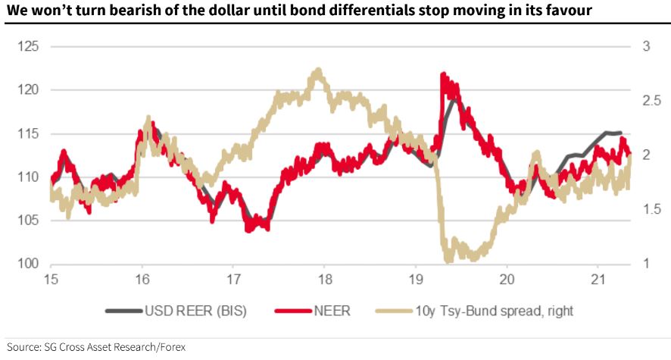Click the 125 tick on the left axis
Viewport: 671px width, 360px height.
(x=28, y=46)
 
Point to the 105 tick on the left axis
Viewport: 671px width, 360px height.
(x=28, y=220)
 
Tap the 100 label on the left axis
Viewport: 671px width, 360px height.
(x=28, y=263)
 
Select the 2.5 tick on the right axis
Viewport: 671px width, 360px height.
(x=651, y=101)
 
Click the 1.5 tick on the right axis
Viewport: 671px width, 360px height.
(x=651, y=209)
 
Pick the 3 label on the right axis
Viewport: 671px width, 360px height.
(x=646, y=46)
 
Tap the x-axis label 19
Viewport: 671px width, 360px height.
(x=416, y=279)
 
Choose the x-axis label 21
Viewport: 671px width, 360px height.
(x=598, y=279)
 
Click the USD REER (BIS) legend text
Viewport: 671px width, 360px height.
(x=195, y=310)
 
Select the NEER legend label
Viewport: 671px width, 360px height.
(x=332, y=310)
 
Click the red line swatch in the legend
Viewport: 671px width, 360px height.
(x=293, y=311)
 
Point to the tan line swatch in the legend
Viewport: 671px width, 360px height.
(x=395, y=311)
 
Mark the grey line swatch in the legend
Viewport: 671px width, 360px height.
(x=123, y=311)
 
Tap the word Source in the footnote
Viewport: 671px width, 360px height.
(x=23, y=346)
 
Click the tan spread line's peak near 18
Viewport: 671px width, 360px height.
(x=317, y=69)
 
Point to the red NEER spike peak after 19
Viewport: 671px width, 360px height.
(x=442, y=74)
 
